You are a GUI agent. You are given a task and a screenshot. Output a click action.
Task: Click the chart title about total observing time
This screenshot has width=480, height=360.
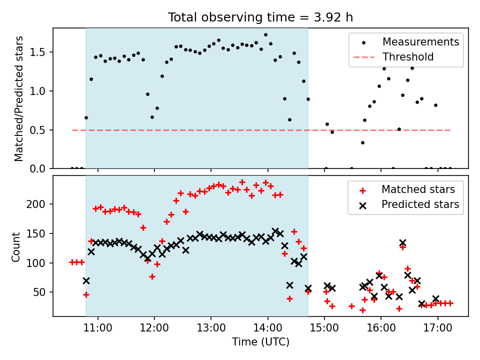coord(260,17)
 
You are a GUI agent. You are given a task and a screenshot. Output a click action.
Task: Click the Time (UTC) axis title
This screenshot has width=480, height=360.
coord(260,342)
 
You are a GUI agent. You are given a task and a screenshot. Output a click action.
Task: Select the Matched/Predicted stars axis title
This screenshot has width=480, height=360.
coord(19,98)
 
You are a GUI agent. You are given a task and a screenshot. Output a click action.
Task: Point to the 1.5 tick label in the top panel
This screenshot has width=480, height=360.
coord(38,52)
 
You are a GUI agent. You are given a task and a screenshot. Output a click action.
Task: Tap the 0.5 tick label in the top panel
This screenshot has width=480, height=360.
coord(38,130)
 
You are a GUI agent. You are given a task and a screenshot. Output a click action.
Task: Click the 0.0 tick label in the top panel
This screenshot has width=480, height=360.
coord(38,169)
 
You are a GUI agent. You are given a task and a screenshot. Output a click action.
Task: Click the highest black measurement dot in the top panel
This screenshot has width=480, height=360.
coord(265,35)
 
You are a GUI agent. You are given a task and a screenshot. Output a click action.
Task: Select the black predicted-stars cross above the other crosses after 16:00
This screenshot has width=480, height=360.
coord(402,242)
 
